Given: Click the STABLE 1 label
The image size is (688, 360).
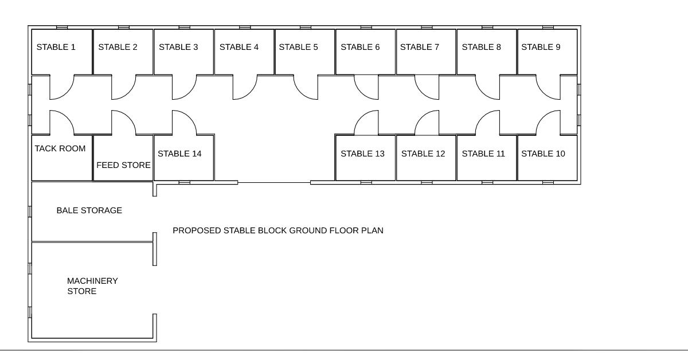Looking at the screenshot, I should coord(56,47).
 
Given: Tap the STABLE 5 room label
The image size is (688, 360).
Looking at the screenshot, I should coord(298,47).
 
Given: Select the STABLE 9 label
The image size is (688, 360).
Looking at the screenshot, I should coord(541,47).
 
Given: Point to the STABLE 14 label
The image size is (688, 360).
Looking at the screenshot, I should coord(179,154).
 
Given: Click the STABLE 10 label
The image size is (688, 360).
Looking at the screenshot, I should coord(542,154).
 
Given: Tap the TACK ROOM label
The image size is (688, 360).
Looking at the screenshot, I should coord(60,148).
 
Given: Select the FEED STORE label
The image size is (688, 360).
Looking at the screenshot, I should coord(123,165).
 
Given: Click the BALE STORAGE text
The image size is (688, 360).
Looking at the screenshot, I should coord(89,210).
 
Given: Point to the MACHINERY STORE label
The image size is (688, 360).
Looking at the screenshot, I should coord(92,286).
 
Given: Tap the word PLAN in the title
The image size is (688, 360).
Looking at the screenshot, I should coord(372,230).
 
